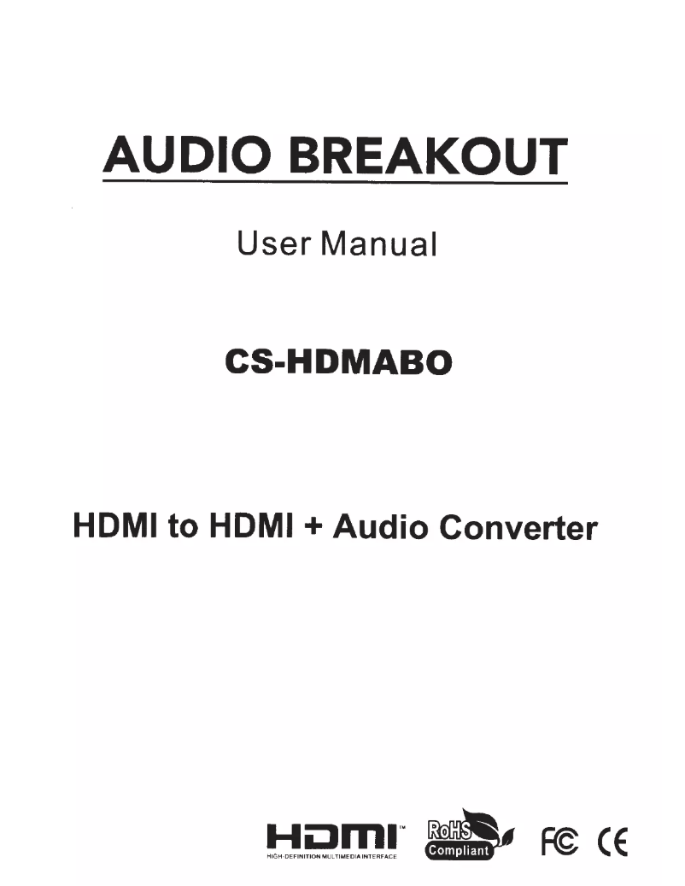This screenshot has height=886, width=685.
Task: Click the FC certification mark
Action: [555, 841]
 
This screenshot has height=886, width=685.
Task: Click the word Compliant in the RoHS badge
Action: [459, 850]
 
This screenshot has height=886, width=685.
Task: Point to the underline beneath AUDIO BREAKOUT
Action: [335, 180]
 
